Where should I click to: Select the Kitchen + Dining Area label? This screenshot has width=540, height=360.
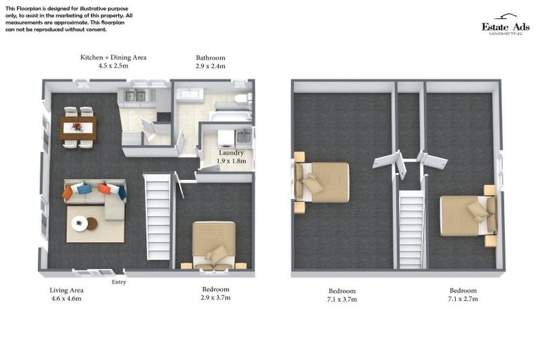(x=113, y=61)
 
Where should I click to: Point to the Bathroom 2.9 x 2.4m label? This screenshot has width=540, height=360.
(x=210, y=61)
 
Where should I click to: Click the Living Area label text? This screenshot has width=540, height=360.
(x=66, y=294)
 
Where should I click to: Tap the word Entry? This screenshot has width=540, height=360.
(x=120, y=283)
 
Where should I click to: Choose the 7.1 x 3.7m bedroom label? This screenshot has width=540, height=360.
(x=342, y=295)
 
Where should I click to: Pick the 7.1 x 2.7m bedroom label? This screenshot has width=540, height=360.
(x=463, y=295)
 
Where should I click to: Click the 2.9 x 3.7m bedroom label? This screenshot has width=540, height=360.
(x=215, y=293)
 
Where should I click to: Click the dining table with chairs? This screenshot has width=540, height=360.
(x=78, y=127)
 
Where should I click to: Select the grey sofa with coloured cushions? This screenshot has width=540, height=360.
(x=95, y=195)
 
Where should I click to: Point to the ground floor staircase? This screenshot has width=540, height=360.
(x=158, y=217)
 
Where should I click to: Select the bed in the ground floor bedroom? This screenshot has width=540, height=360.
(x=214, y=243)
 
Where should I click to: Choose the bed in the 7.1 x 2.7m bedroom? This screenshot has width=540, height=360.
(x=468, y=215)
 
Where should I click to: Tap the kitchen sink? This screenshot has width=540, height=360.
(x=134, y=96)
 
